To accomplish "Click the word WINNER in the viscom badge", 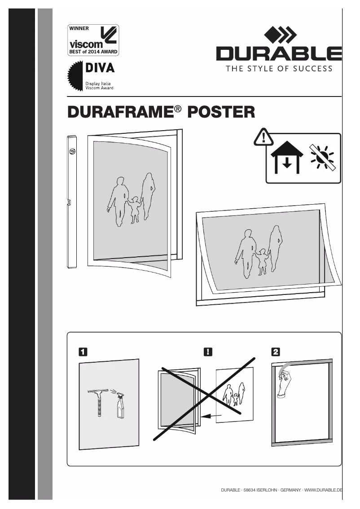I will (x=79, y=28).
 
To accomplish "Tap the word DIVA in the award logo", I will (x=100, y=69).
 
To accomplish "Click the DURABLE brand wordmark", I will (x=279, y=54).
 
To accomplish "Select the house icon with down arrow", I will (x=287, y=159).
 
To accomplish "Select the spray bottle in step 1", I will (x=120, y=406).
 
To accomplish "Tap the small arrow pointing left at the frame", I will (x=211, y=417).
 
